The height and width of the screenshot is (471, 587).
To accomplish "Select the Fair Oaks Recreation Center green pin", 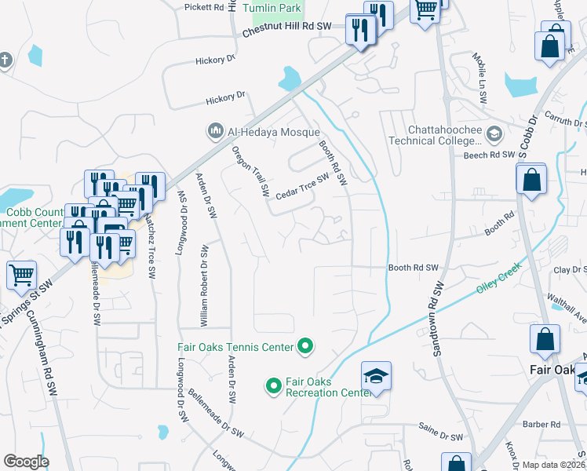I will click(274, 385).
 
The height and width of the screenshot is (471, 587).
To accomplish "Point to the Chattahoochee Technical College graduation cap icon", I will click(494, 133).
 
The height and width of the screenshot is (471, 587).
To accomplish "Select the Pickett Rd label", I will click(205, 7).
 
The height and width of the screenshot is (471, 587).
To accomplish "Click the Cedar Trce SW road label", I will click(301, 185).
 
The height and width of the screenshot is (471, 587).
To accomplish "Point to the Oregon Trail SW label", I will click(251, 171).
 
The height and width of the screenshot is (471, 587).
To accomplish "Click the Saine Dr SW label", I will click(445, 436).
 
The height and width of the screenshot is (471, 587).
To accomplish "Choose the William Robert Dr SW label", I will click(204, 285).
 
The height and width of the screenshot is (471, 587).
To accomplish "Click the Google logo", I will click(26, 462).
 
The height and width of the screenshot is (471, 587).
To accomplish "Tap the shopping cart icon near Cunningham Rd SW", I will click(21, 275).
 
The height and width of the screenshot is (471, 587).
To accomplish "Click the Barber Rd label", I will click(544, 425).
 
